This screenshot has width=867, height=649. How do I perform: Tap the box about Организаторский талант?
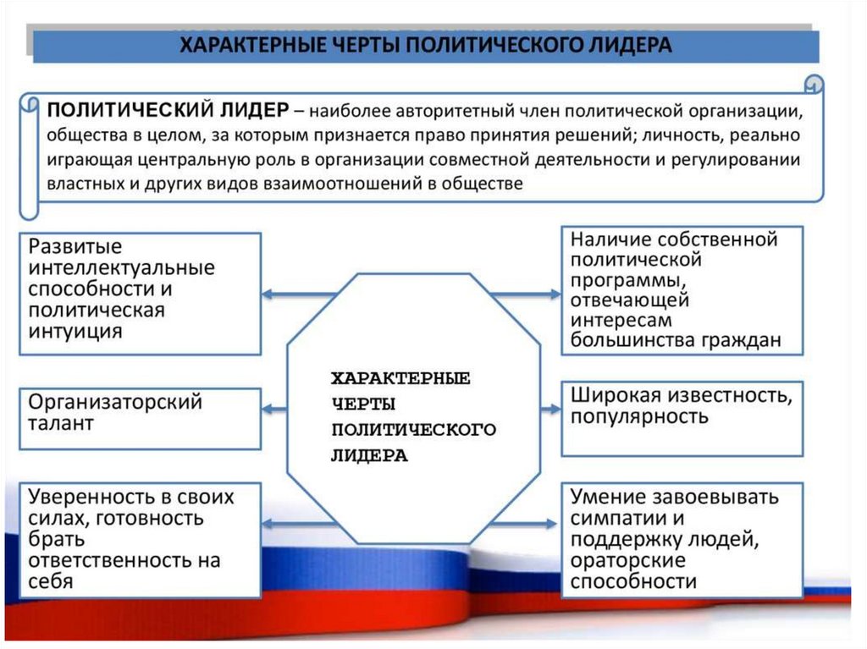[x=140, y=418]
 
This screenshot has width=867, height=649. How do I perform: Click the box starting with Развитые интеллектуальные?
[x=140, y=293]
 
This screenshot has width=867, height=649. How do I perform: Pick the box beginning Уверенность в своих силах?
[x=140, y=539]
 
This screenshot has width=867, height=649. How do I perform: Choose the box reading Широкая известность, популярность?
[x=682, y=418]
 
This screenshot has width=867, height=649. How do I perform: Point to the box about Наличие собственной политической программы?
[x=682, y=289]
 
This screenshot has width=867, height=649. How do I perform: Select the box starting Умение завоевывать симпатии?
[x=682, y=539]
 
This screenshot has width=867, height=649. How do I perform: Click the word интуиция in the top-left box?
[x=75, y=332]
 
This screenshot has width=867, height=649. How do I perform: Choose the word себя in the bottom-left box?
[x=50, y=581]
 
